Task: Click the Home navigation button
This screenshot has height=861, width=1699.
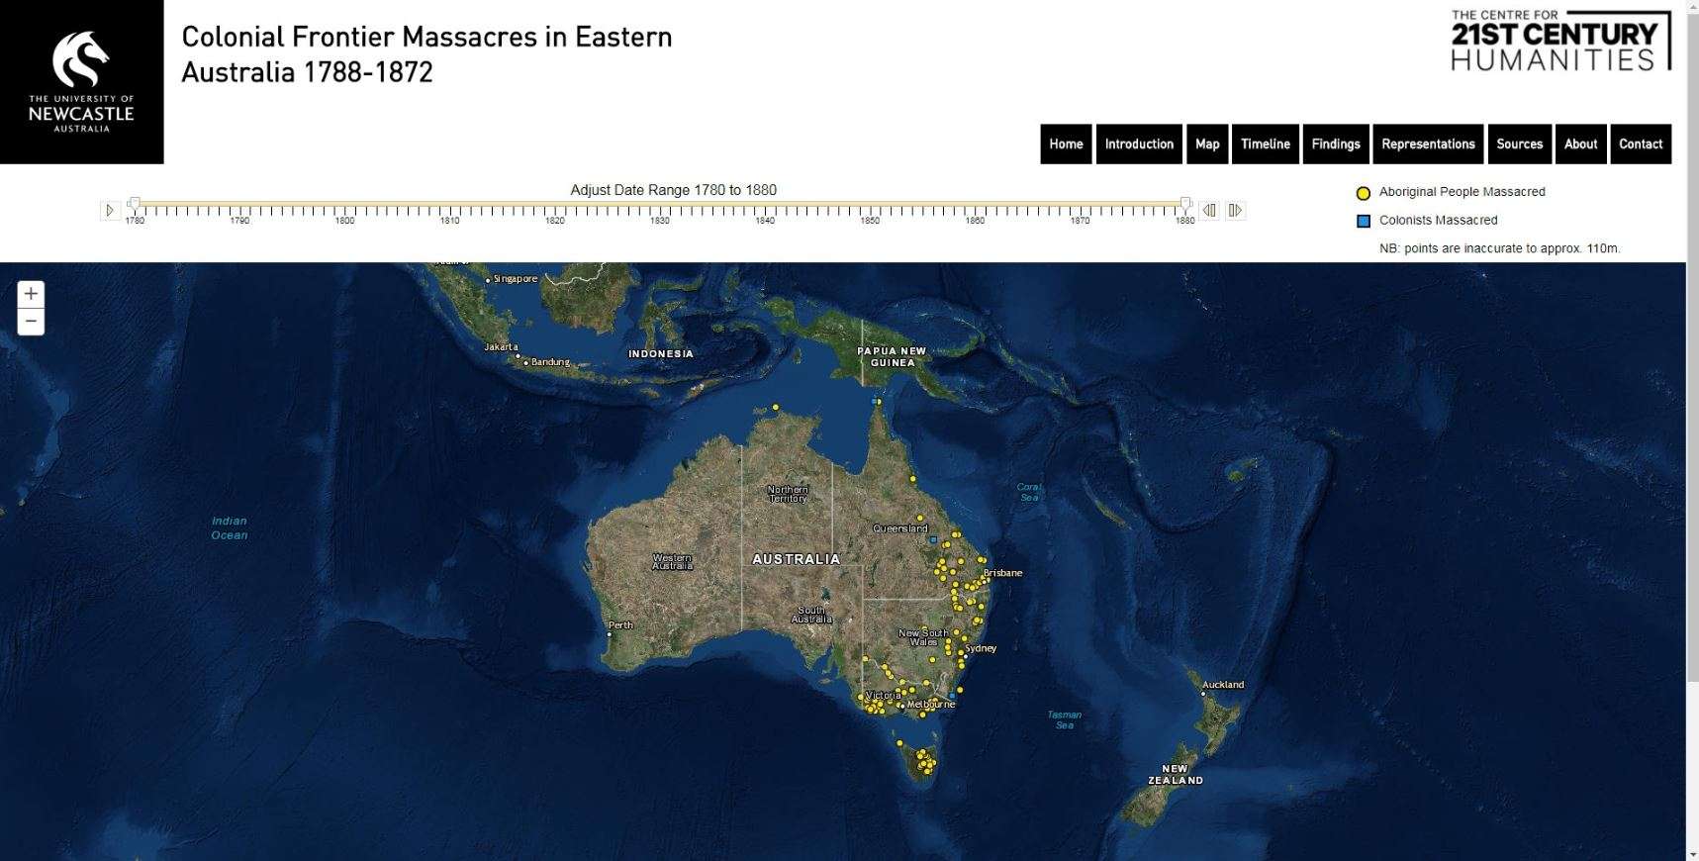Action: coord(1066,143)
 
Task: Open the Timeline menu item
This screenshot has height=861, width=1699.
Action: coord(1265,143)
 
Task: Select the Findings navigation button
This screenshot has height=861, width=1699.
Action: coord(1335,143)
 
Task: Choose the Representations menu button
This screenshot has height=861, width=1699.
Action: coord(1428,143)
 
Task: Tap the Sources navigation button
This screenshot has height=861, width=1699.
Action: coord(1519,143)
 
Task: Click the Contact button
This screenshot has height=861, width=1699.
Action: coord(1640,143)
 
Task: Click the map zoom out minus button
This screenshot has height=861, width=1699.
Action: coord(31,322)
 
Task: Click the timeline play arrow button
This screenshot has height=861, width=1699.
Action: coord(110,210)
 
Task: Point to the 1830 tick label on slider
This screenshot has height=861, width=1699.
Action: coord(659,221)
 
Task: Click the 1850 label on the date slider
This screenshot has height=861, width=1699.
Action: coord(870,221)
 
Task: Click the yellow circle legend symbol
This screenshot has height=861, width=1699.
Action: coord(1363,193)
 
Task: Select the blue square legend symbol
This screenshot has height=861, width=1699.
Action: coord(1363,221)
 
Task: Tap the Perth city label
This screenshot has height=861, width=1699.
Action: coord(620,625)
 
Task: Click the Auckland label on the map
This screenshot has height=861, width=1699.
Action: coord(1223,685)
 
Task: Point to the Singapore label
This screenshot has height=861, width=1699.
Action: coord(516,279)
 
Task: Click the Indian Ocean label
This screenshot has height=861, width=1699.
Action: coord(230,527)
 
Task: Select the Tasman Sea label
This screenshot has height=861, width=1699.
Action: coord(1064,719)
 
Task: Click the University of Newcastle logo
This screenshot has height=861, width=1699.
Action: coord(81,81)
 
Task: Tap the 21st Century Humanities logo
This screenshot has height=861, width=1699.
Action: coord(1560,42)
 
